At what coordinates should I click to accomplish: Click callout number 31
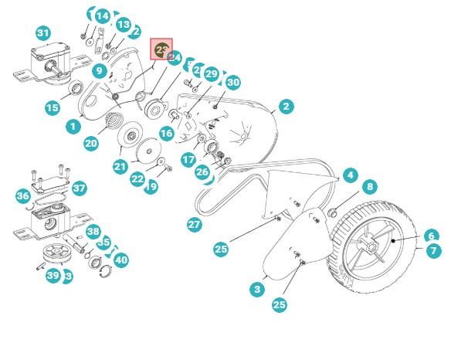tap(43, 33)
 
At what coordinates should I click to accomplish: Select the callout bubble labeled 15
tap(52, 107)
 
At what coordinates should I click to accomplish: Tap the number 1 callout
tap(73, 126)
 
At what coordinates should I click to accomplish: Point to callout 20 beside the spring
tap(91, 143)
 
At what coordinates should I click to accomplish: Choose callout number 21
tap(120, 166)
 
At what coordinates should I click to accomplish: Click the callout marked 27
tap(194, 224)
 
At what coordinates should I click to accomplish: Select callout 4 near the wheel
tap(350, 175)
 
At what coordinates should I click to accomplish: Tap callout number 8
tap(370, 186)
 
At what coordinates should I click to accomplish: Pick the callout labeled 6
tap(431, 235)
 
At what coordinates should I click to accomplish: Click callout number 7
tap(434, 251)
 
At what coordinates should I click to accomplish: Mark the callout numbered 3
tap(257, 289)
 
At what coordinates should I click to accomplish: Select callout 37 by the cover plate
tap(80, 188)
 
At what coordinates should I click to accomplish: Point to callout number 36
tap(23, 196)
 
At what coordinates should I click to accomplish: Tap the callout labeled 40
tap(120, 260)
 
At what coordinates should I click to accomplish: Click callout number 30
tap(232, 83)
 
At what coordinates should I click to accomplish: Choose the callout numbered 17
tap(188, 159)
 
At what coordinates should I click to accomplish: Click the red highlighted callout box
tap(161, 50)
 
